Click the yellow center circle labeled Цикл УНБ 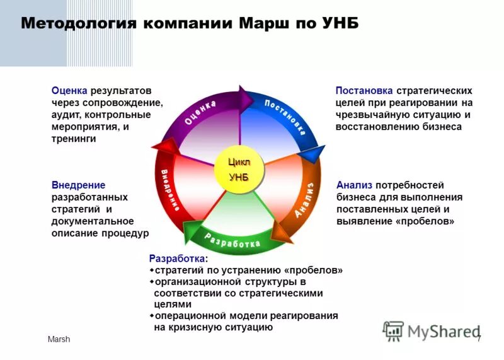pyautogui.click(x=238, y=169)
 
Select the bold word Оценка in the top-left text pyautogui.click(x=69, y=91)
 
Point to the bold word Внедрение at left pyautogui.click(x=78, y=185)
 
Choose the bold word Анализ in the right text pyautogui.click(x=355, y=185)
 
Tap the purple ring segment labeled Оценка pyautogui.click(x=200, y=113)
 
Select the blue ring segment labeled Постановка pyautogui.click(x=285, y=117)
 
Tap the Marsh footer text pyautogui.click(x=59, y=340)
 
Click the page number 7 pyautogui.click(x=479, y=340)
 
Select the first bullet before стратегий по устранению pyautogui.click(x=152, y=270)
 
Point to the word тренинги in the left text pyautogui.click(x=74, y=139)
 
